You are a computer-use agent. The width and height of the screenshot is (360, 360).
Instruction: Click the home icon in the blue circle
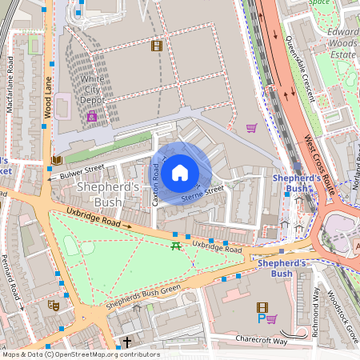click(180, 172)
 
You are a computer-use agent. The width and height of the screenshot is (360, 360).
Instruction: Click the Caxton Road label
click(156, 185)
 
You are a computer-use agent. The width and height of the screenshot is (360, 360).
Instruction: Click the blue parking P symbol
click(261, 318)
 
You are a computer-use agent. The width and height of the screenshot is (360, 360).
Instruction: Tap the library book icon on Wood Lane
click(55, 160)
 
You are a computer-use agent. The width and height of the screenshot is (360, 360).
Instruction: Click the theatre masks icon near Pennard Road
click(54, 305)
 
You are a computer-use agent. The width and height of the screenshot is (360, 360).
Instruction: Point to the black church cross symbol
click(126, 342)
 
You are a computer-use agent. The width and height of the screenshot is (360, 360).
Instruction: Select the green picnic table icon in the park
click(174, 246)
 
